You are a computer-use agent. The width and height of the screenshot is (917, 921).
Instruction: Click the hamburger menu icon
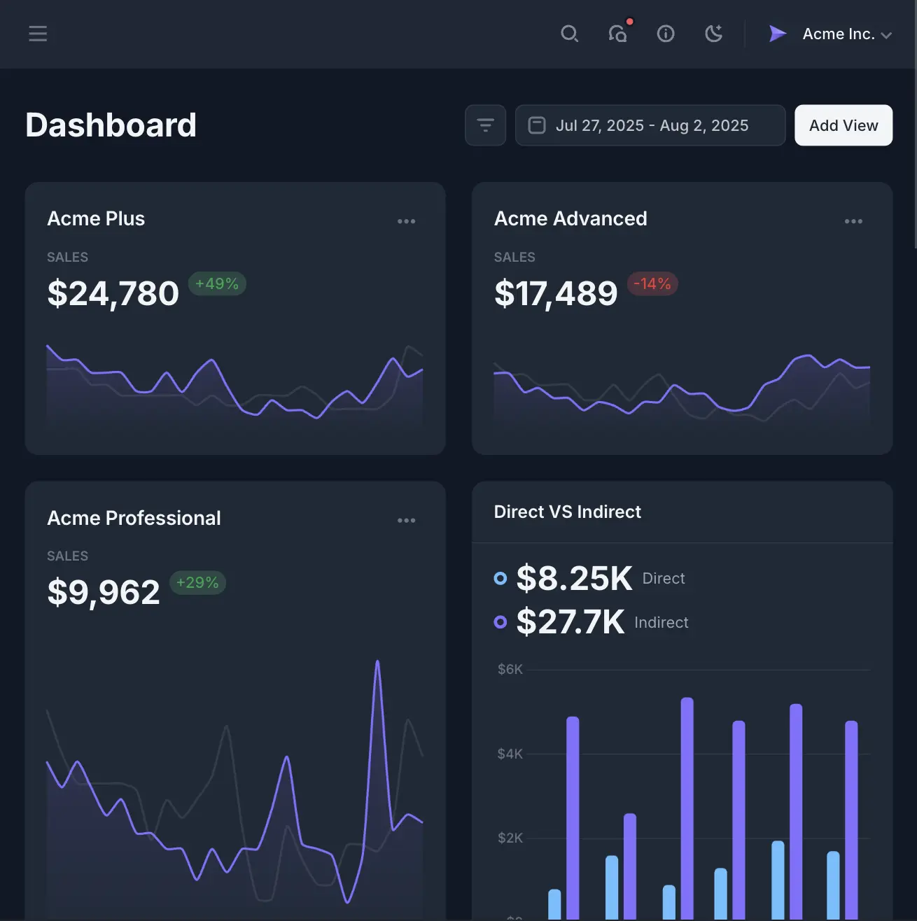pos(38,34)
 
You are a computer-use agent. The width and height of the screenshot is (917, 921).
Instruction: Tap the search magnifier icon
pos(569,34)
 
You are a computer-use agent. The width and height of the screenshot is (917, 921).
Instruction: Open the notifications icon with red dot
pos(617,34)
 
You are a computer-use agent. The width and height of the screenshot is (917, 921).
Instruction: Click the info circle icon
pos(666,34)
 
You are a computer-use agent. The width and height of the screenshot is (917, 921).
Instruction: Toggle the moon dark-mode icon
pos(713,34)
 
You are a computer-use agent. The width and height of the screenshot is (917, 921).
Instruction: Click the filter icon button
pos(485,125)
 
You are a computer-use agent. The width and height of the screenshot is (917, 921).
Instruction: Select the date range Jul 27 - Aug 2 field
pos(650,125)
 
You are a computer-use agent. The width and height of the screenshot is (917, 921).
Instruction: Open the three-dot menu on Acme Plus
pos(406,221)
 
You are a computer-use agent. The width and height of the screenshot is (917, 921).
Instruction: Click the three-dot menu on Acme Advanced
pos(853,221)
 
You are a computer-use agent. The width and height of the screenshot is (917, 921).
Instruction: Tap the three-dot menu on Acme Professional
pos(406,521)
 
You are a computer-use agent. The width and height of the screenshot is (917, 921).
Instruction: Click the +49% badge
pos(217,283)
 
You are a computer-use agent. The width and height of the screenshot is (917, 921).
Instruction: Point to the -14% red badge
pos(652,283)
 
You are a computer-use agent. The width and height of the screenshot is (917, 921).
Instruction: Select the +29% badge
pos(197,582)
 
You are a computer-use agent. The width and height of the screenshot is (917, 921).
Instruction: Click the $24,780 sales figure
pos(113,293)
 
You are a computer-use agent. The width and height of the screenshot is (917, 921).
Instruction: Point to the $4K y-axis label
pos(510,754)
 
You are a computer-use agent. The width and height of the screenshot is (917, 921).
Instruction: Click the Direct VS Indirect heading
pos(567,512)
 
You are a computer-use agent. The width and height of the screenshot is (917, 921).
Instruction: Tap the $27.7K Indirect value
pos(570,621)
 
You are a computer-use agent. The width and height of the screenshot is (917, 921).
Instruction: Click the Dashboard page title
pos(111,125)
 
